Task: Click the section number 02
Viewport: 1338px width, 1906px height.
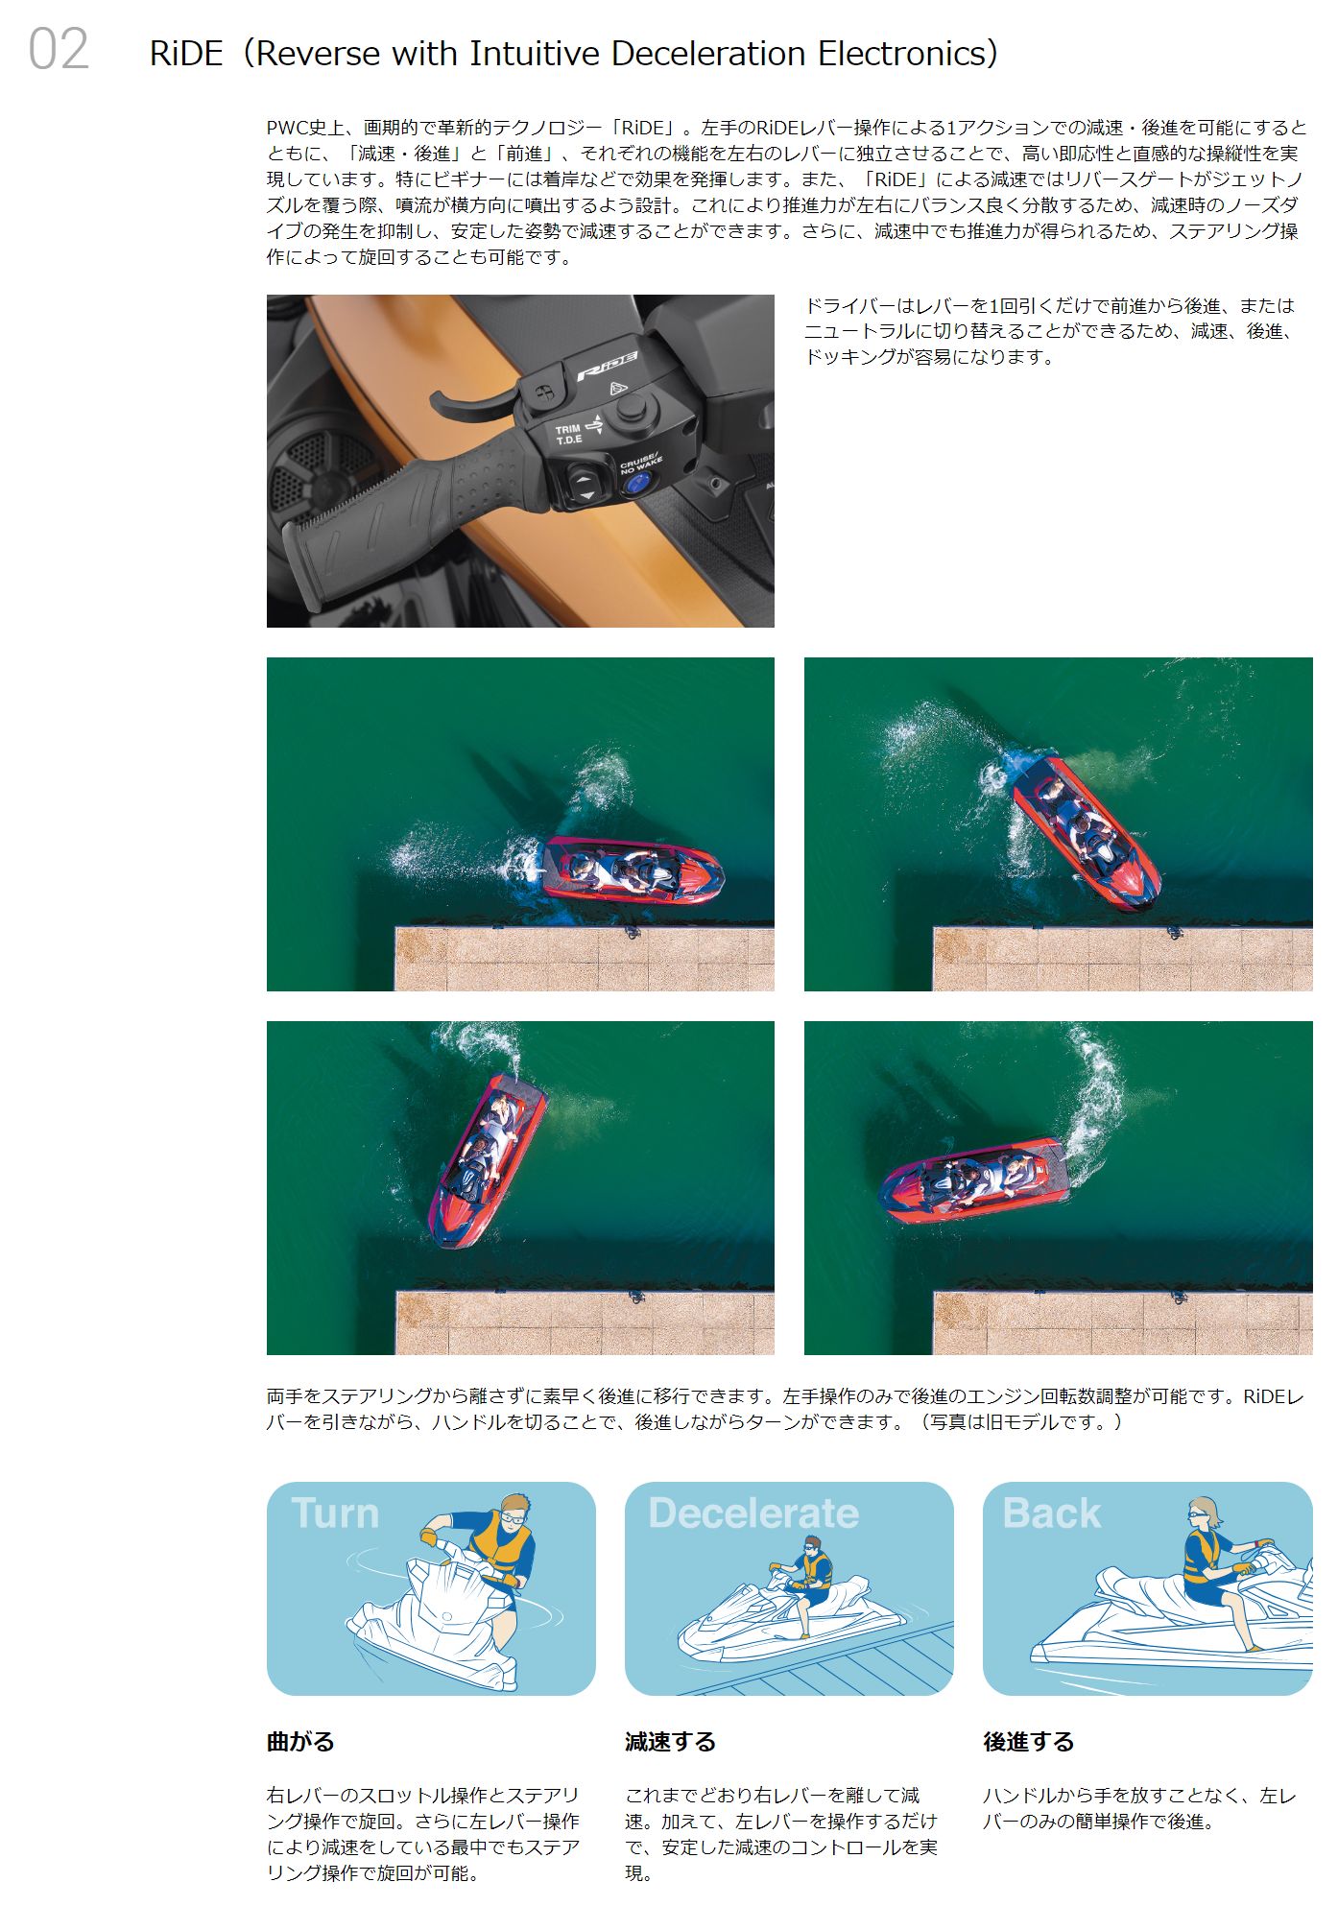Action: click(59, 49)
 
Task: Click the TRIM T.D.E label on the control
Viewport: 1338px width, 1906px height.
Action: click(568, 434)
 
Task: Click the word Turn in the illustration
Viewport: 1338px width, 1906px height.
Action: click(335, 1513)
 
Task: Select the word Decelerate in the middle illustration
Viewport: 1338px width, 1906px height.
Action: click(753, 1513)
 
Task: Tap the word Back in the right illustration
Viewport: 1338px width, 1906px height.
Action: click(1051, 1513)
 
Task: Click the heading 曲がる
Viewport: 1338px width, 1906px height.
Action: click(300, 1742)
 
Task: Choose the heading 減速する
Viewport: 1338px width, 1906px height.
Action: click(670, 1742)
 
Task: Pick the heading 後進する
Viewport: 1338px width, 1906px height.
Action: click(1028, 1742)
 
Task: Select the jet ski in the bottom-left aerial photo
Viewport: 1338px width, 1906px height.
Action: click(487, 1160)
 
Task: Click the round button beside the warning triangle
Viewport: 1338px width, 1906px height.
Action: click(631, 409)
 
